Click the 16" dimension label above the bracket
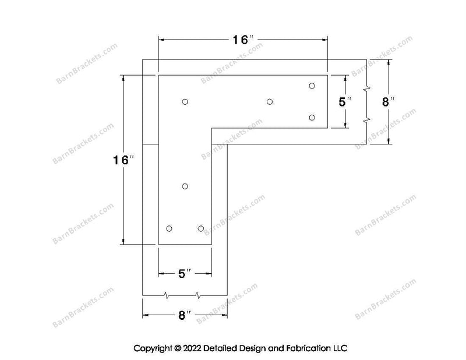point(243,40)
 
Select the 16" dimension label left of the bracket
point(123,160)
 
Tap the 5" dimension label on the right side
point(345,102)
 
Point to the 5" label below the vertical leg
point(184,273)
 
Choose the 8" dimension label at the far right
point(388,102)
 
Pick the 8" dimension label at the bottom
point(184,315)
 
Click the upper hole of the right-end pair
point(312,86)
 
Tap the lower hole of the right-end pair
point(312,118)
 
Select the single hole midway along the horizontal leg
point(270,102)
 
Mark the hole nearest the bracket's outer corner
point(185,102)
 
